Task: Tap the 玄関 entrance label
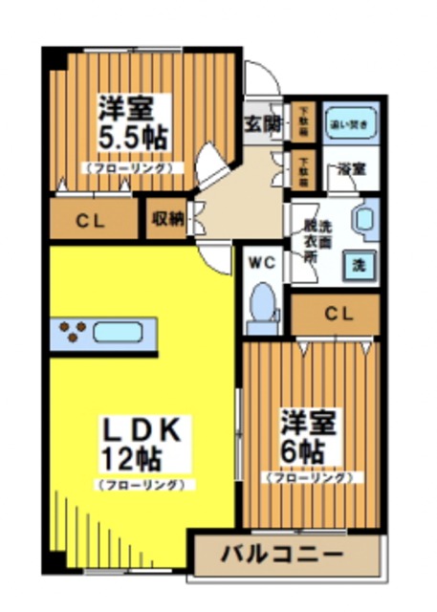(x=260, y=123)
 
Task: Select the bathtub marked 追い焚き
(x=347, y=122)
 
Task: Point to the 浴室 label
(x=349, y=169)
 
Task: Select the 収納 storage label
(x=166, y=219)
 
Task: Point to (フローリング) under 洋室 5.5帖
(x=132, y=166)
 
